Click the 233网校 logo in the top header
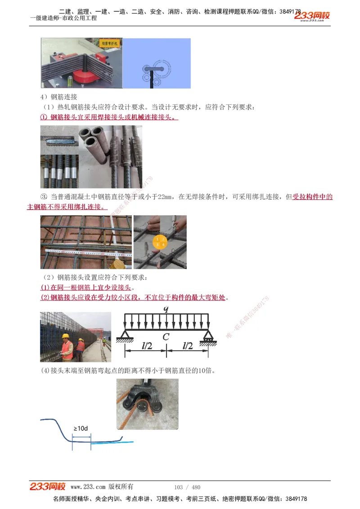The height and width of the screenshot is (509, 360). coord(312,16)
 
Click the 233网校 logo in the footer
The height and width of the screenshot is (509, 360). coord(48,487)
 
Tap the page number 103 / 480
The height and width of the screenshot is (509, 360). coord(187,487)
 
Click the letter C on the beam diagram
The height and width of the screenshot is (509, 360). coord(166,337)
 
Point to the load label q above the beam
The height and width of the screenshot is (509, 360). coord(166,308)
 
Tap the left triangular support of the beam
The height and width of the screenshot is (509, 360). coord(125,335)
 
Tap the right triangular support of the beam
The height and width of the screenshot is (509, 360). coord(208,335)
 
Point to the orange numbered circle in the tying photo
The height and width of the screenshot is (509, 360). coord(160,242)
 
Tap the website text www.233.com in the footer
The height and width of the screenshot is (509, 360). coord(88,487)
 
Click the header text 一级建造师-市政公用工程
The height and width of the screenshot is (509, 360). coord(63,18)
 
